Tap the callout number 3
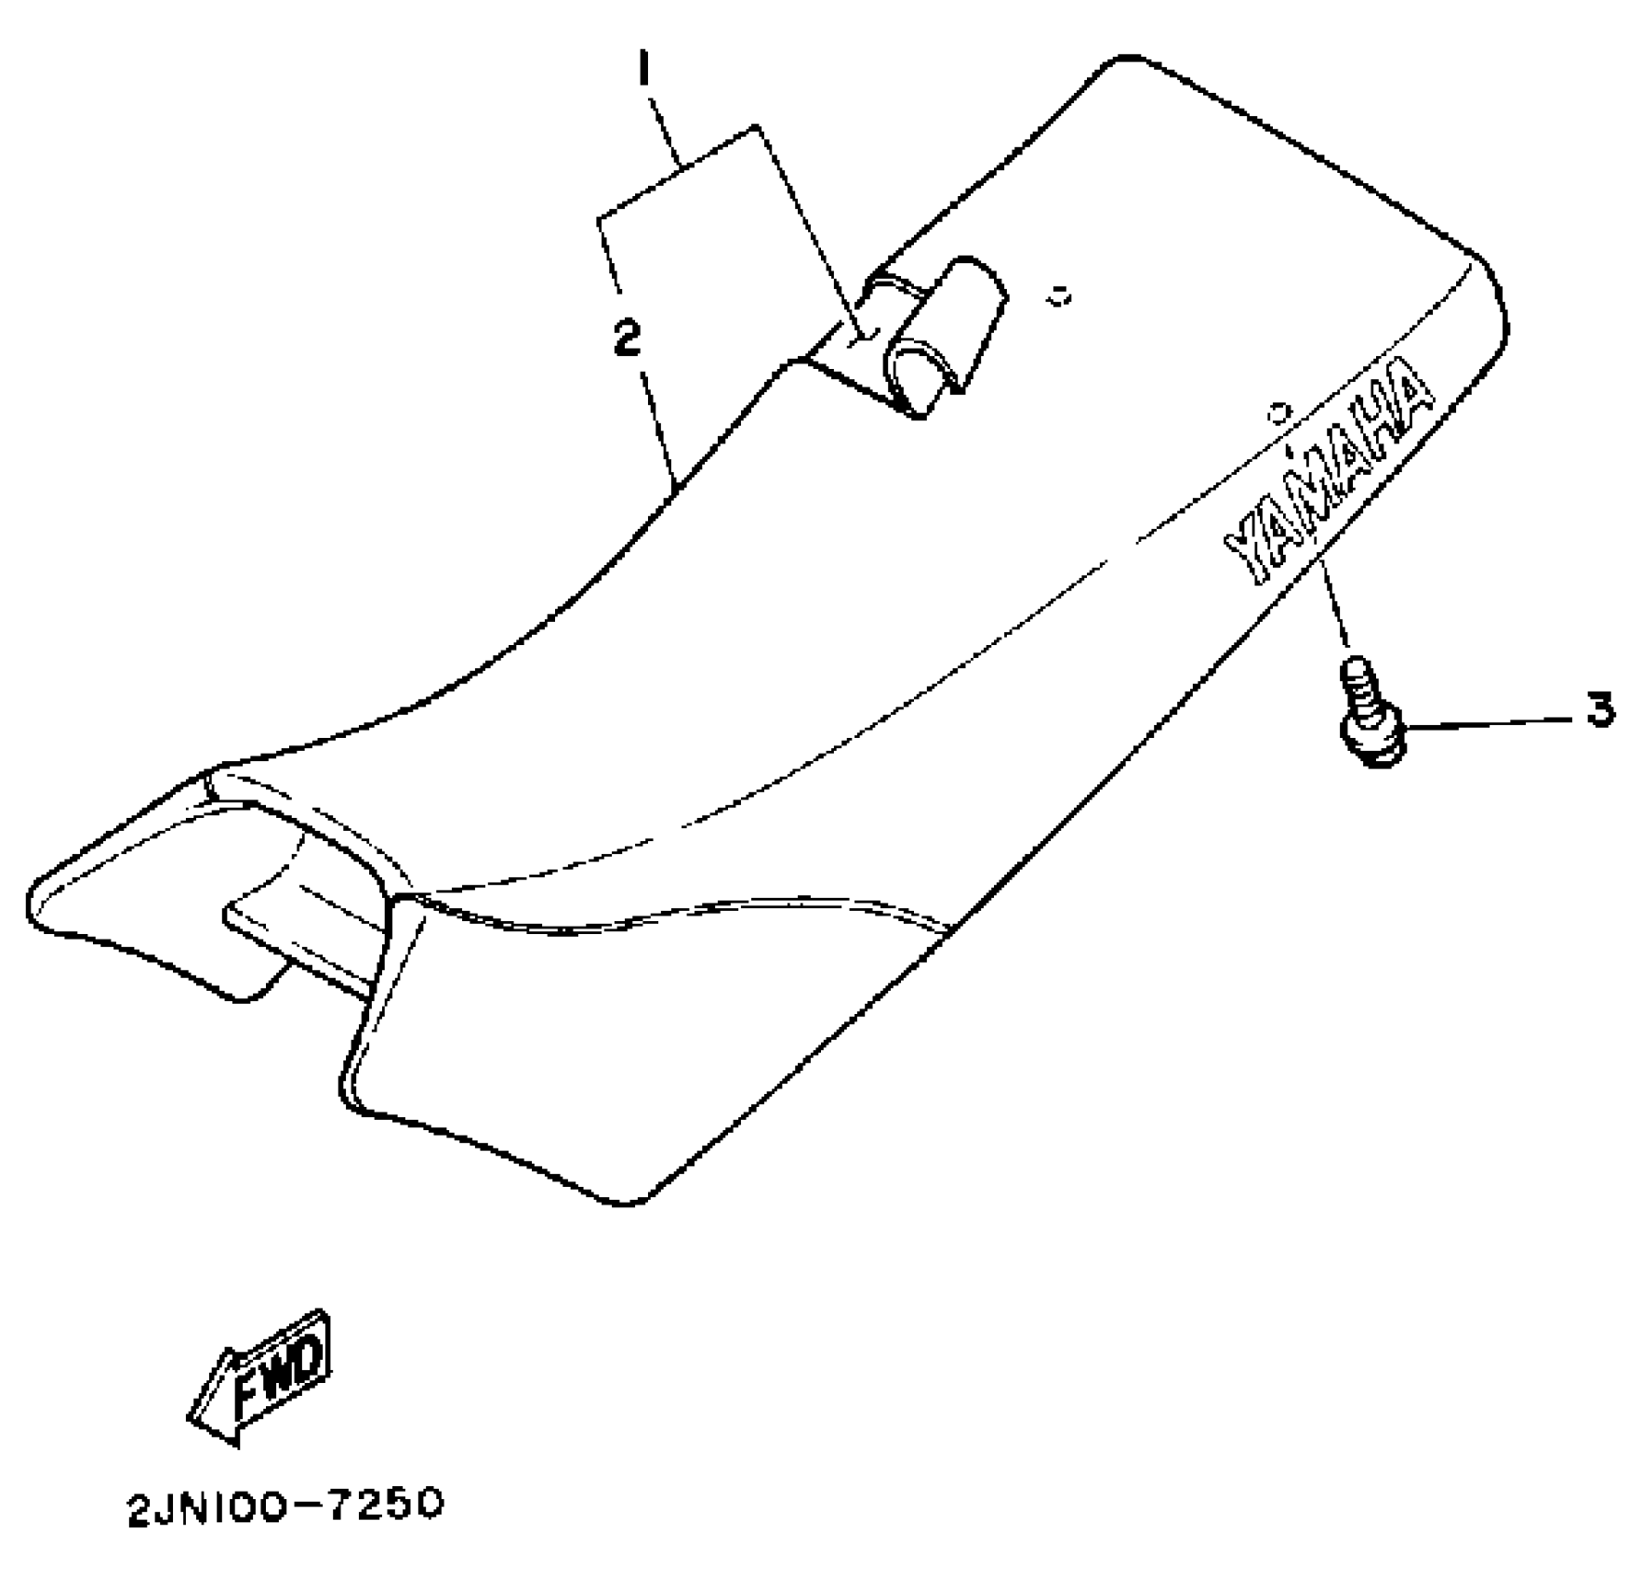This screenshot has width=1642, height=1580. (1600, 711)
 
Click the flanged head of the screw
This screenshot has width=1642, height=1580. (1371, 739)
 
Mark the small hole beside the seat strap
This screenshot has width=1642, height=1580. (1057, 297)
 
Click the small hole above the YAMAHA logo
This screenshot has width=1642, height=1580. (1279, 409)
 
